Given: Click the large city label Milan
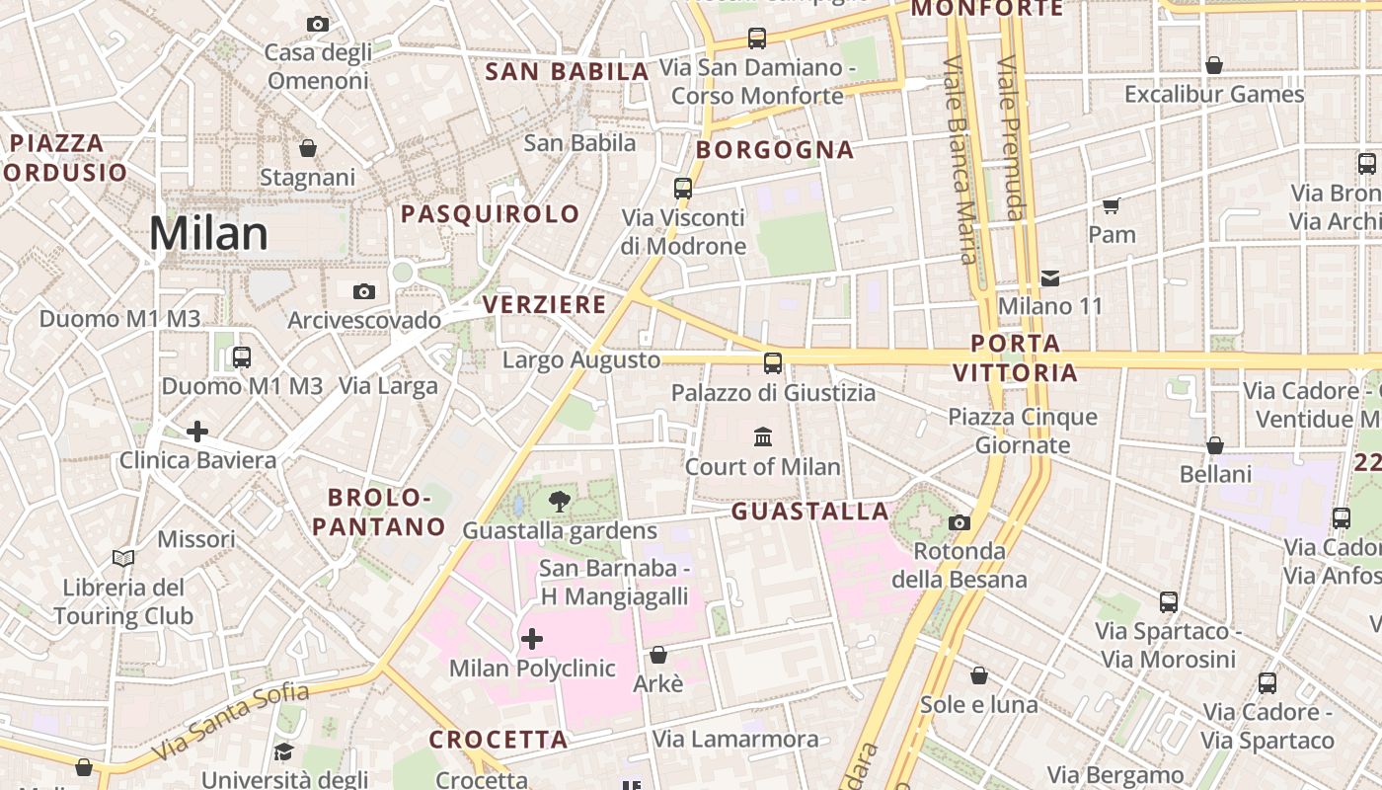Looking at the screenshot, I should tap(208, 234).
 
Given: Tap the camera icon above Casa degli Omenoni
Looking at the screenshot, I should tap(317, 24).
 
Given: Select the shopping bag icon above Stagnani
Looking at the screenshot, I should tap(308, 148).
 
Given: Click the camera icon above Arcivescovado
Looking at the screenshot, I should tap(364, 291).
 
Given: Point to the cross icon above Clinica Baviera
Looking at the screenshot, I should tap(197, 432).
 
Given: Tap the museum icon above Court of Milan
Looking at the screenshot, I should tap(763, 436).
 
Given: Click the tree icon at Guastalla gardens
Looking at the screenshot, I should tap(560, 501).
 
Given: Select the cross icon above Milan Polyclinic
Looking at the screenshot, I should tap(532, 639).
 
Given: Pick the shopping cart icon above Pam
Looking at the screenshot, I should tap(1112, 205).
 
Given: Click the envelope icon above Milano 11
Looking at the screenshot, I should tap(1050, 278).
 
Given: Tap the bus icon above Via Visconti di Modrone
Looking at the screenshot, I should tap(683, 188).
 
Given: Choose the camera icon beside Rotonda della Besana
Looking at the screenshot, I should tap(959, 522).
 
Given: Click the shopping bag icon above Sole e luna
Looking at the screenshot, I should tap(978, 675).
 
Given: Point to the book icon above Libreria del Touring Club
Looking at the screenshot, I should tap(123, 559).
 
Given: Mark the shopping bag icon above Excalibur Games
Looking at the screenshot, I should tap(1214, 65).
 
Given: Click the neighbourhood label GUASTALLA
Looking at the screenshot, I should tap(810, 512).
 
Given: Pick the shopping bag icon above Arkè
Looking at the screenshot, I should tap(658, 655).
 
